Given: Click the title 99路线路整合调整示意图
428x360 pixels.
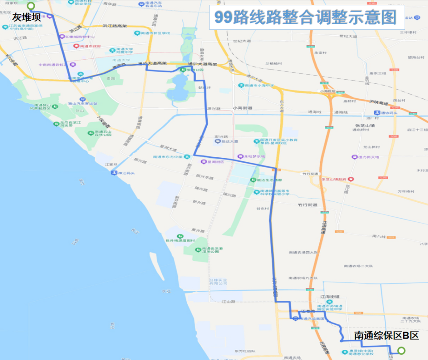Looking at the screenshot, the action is point(306,17).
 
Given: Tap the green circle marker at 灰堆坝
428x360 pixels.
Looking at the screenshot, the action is point(31,6).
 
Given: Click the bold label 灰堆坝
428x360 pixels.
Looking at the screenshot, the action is point(26,18).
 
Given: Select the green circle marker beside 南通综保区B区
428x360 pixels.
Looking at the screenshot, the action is point(401,351).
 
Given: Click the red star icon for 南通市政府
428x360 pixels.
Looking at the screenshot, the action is point(76,46).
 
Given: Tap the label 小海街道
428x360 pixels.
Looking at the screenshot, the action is point(243,108).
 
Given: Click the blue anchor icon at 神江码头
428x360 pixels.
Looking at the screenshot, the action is point(114,172).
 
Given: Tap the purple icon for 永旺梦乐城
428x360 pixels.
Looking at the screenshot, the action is point(240,157).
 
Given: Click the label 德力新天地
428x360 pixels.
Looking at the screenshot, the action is point(368,157).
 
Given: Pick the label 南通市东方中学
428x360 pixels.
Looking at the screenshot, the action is point(168,157).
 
